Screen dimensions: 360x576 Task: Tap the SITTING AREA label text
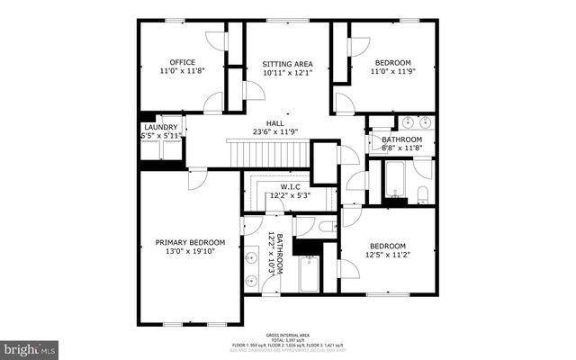pos(287,64)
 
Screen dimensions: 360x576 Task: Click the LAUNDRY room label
pos(160,127)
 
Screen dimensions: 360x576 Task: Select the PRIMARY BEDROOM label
pos(190,242)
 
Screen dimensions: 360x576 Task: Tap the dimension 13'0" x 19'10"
pos(190,253)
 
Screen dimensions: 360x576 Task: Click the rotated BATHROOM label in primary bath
pos(280,255)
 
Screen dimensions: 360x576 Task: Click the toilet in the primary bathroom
pos(326,226)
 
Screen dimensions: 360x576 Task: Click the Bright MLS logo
pos(30,346)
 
